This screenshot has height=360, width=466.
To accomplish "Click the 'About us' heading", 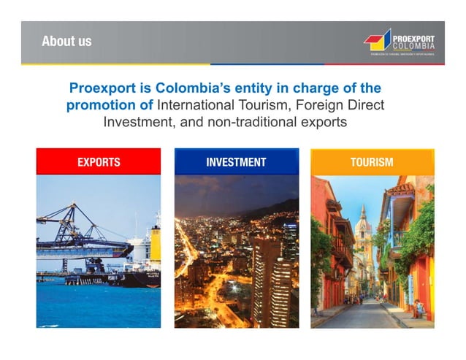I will coord(66,41).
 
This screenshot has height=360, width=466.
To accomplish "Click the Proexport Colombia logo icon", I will coord(378,41).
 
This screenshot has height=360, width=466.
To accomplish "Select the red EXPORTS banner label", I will coord(99,162).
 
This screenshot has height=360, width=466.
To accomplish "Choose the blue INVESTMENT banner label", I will coord(236,162).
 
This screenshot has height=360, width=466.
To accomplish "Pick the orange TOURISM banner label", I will coord(372,162).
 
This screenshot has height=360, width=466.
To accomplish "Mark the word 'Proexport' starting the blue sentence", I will coord(103,88).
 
